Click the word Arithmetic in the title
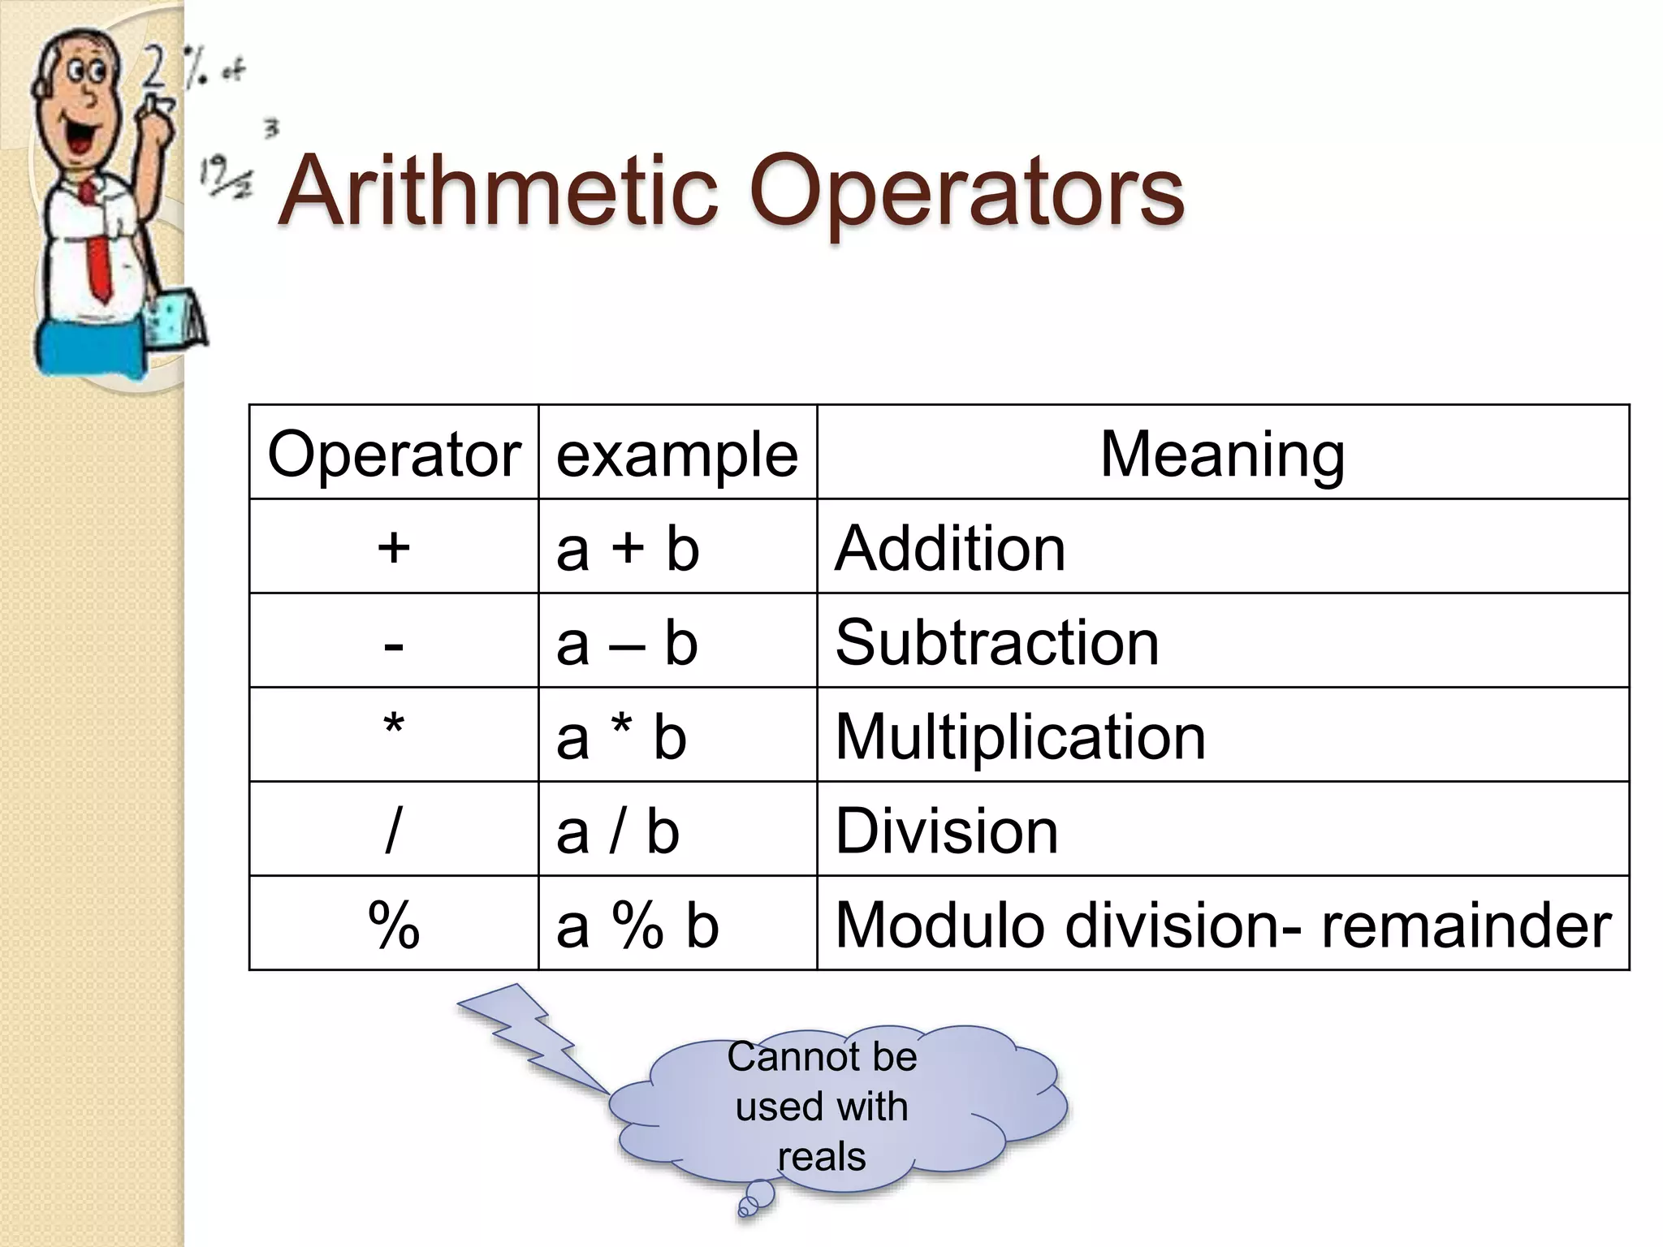497,193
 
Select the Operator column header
394,454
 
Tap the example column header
677,454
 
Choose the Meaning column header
1222,454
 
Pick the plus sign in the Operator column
394,547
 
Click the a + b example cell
628,549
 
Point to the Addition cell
950,549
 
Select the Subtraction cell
997,642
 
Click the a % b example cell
637,926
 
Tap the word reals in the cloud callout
822,1156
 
